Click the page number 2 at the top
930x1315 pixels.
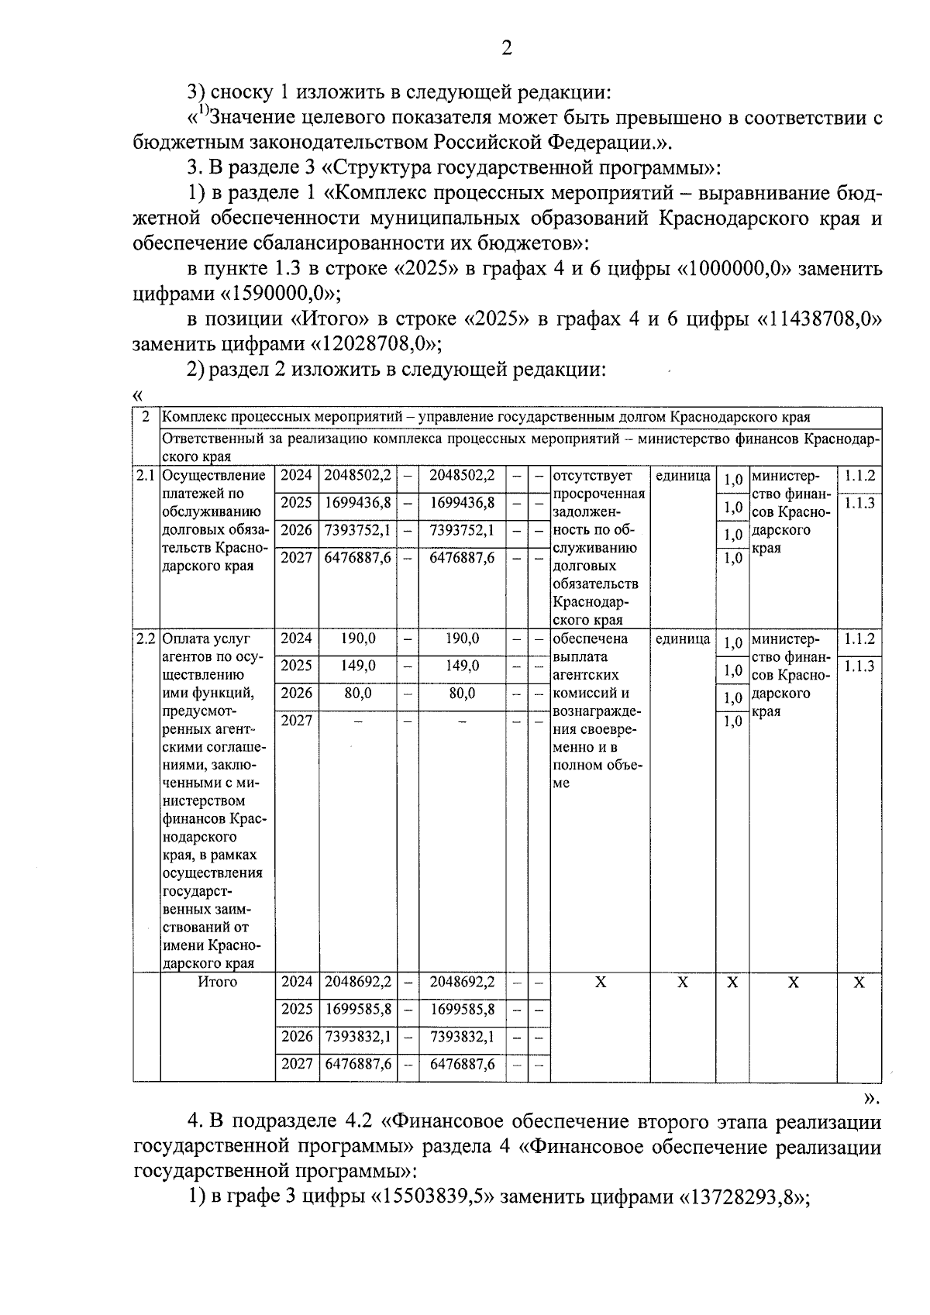pyautogui.click(x=506, y=49)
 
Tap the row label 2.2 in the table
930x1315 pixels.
pyautogui.click(x=146, y=639)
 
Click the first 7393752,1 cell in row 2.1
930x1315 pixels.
pyautogui.click(x=358, y=530)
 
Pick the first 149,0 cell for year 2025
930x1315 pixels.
pyautogui.click(x=358, y=666)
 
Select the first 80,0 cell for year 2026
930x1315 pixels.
pyautogui.click(x=358, y=694)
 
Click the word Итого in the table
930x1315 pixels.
pyautogui.click(x=217, y=983)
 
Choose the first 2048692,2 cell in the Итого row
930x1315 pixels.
pyautogui.click(x=358, y=983)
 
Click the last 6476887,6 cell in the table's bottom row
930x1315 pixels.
pyautogui.click(x=462, y=1065)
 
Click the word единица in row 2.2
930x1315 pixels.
pyautogui.click(x=683, y=639)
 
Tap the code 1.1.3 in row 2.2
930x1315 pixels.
pyautogui.click(x=859, y=666)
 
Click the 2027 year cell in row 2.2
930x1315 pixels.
pyautogui.click(x=296, y=721)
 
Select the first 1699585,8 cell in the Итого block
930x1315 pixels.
pyautogui.click(x=358, y=1010)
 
